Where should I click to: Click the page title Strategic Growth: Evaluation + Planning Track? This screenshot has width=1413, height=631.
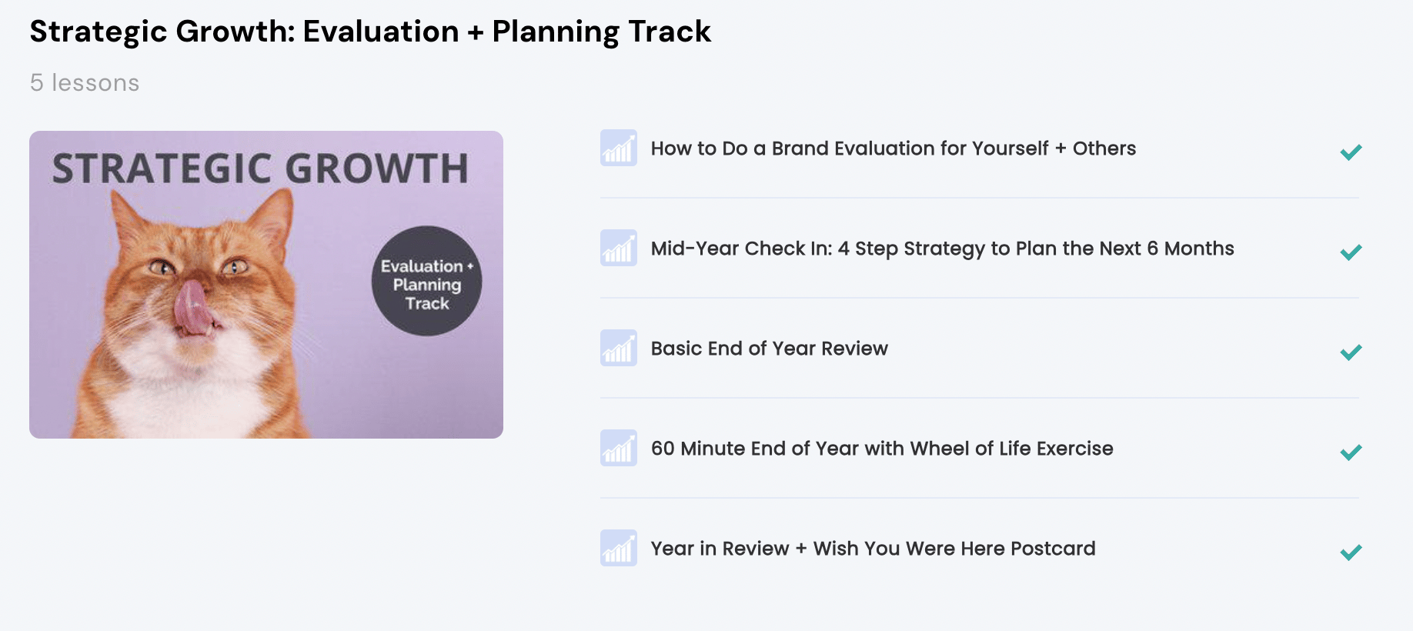370,32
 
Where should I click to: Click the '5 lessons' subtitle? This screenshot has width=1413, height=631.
85,83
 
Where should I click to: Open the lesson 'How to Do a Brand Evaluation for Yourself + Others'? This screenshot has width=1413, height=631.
894,149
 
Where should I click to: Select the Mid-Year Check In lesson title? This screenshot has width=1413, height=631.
943,249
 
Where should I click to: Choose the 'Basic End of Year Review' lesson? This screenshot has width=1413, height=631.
770,349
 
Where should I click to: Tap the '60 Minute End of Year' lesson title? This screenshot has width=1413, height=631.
882,449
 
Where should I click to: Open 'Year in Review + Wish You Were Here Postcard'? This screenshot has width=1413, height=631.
874,549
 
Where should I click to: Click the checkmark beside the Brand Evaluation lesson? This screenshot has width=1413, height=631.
1351,152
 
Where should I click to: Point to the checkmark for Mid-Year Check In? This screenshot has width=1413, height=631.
1351,252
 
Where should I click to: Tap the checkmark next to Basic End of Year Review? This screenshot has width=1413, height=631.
1351,352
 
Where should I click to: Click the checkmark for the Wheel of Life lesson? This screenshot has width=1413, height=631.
1351,452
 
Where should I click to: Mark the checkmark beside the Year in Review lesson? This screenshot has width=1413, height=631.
1351,553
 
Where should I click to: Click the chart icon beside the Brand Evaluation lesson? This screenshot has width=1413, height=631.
619,148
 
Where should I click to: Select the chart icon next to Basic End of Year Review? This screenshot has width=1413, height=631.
619,348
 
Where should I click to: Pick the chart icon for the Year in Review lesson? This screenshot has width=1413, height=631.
619,548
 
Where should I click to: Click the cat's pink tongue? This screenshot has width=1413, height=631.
191,308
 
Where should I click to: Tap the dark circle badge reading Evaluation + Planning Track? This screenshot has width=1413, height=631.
427,281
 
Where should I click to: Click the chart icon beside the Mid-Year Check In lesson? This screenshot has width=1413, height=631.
619,248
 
